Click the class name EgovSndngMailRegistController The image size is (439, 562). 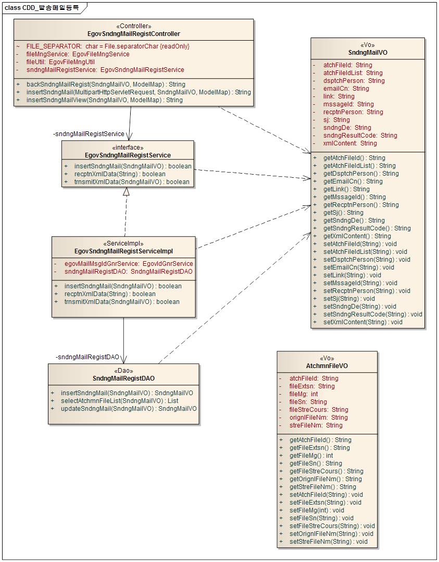coord(134,34)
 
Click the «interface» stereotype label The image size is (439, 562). coord(128,148)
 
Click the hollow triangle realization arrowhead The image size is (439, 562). coord(126,192)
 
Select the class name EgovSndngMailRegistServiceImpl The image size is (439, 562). coord(123,251)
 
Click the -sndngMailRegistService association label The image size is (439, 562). coord(89,134)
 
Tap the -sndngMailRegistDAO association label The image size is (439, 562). coord(87,357)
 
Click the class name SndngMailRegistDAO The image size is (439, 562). coord(123,378)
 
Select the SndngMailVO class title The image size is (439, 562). coord(368,53)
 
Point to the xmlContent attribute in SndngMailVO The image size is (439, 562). coord(349,143)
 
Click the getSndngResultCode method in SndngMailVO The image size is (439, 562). coord(367,228)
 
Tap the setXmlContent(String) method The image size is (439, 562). coord(362,322)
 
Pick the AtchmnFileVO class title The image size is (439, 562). coord(327,366)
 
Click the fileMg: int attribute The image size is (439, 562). coord(303,394)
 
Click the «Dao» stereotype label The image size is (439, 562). coord(123,371)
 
